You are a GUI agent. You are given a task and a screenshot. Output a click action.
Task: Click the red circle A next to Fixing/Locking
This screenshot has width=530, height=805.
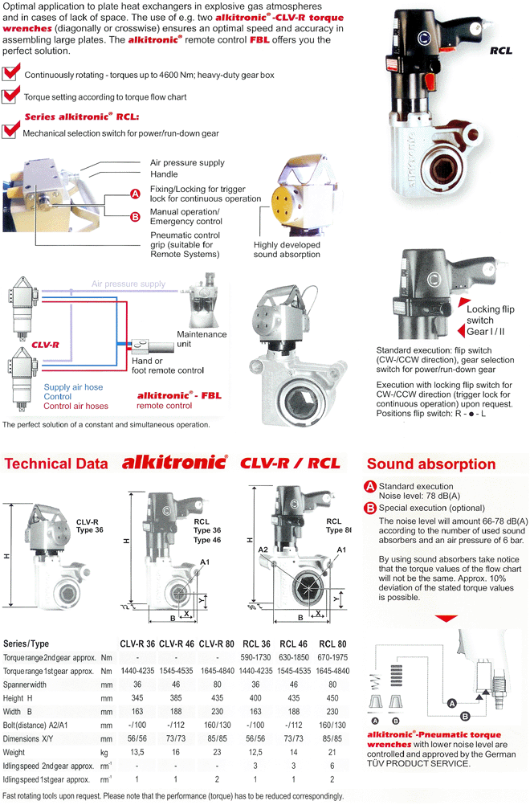tap(135, 194)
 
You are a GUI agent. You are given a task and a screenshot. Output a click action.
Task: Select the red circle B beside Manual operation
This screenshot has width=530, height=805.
tap(135, 216)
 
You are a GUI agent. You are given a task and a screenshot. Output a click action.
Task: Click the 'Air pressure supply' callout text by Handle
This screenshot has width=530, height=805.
tap(188, 162)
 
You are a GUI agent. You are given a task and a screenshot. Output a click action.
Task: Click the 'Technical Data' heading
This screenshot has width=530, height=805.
tap(56, 464)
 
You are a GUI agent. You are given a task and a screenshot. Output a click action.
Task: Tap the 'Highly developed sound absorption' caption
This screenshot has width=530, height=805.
tap(287, 249)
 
